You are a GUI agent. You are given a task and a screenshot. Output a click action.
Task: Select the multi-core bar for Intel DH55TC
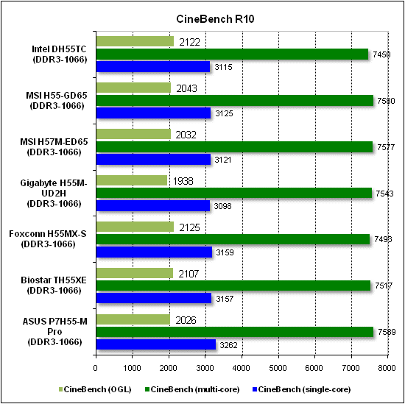click(x=232, y=54)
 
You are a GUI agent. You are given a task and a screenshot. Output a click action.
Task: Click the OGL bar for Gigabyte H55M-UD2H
click(x=131, y=180)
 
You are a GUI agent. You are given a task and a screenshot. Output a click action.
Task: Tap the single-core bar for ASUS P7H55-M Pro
click(x=155, y=343)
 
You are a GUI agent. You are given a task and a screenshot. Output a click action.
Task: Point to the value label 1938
click(x=183, y=180)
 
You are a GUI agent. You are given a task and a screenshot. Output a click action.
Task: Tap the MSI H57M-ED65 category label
click(x=51, y=146)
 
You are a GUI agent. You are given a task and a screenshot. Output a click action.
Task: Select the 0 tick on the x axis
click(x=96, y=368)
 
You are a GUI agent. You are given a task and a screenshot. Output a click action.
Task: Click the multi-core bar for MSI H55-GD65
click(x=234, y=100)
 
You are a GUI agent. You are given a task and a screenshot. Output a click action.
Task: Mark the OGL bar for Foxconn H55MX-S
click(x=134, y=227)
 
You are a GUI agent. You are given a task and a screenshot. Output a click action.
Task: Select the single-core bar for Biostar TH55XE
click(x=153, y=298)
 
